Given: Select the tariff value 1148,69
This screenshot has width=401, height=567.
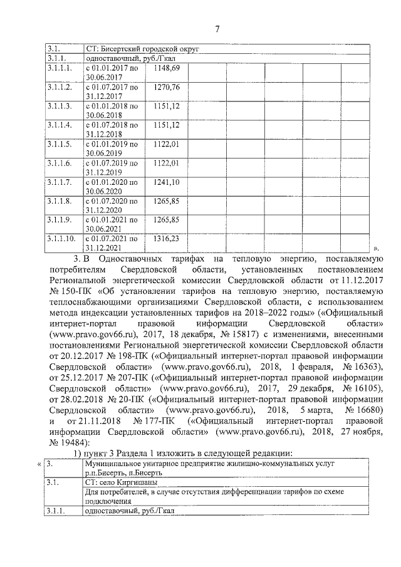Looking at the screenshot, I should pyautogui.click(x=167, y=67).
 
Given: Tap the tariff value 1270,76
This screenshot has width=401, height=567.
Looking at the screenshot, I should pyautogui.click(x=167, y=86).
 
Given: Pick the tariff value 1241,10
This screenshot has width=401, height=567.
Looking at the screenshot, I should pyautogui.click(x=167, y=182).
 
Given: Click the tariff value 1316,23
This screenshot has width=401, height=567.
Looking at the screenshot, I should pyautogui.click(x=167, y=239).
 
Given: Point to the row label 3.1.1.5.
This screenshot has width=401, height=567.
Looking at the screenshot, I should pyautogui.click(x=60, y=143).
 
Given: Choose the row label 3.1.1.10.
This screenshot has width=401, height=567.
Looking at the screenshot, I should pyautogui.click(x=61, y=239).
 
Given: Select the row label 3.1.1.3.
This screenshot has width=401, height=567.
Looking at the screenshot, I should pyautogui.click(x=60, y=106).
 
